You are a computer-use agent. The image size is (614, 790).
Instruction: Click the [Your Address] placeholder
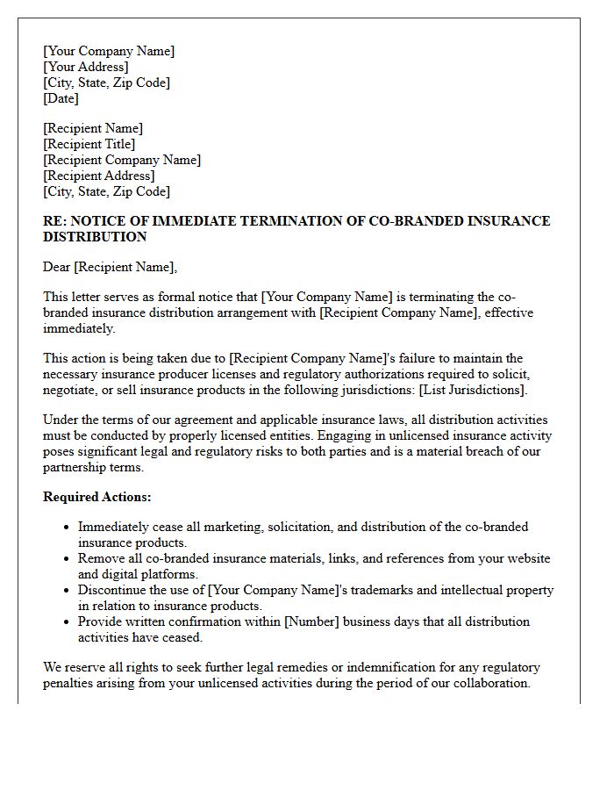tap(86, 67)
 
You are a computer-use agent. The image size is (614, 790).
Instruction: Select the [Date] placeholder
tap(61, 98)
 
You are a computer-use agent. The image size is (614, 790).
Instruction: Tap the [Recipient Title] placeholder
tap(89, 144)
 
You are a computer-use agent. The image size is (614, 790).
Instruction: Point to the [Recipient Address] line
tap(99, 176)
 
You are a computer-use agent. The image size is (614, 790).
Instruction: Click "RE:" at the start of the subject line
tap(54, 221)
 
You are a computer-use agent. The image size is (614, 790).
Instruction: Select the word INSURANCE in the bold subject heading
tap(503, 221)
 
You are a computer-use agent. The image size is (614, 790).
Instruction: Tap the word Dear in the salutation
tap(57, 267)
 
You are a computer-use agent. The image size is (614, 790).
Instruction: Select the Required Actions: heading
tap(97, 497)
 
